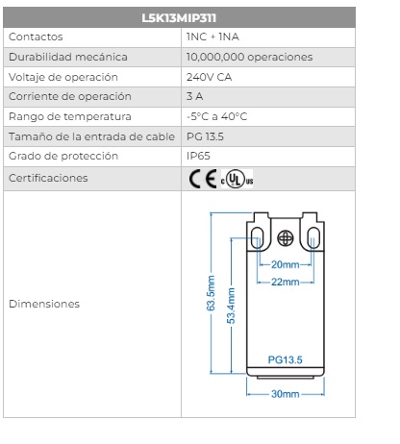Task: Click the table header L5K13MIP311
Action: pyautogui.click(x=179, y=18)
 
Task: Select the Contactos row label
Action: pyautogui.click(x=36, y=37)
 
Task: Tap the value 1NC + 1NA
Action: pyautogui.click(x=212, y=37)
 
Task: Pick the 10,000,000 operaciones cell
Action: pyautogui.click(x=249, y=57)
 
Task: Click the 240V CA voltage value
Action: pyautogui.click(x=209, y=77)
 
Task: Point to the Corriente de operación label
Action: pyautogui.click(x=70, y=96)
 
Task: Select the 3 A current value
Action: pyautogui.click(x=194, y=96)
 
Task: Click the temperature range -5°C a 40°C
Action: pyautogui.click(x=216, y=116)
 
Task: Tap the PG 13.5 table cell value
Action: pyautogui.click(x=205, y=136)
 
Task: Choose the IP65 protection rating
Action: pyautogui.click(x=198, y=156)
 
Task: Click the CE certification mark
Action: pyautogui.click(x=203, y=179)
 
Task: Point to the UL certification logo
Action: pyautogui.click(x=237, y=179)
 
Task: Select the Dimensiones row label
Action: pyautogui.click(x=44, y=304)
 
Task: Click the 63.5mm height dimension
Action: pyautogui.click(x=211, y=293)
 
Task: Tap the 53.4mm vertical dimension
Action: pyautogui.click(x=231, y=306)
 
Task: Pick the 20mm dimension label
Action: pyautogui.click(x=286, y=264)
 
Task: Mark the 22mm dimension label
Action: pyautogui.click(x=286, y=282)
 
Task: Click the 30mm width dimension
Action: pyautogui.click(x=286, y=394)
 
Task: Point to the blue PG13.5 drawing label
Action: pyautogui.click(x=285, y=359)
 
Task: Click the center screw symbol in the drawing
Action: pyautogui.click(x=286, y=238)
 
